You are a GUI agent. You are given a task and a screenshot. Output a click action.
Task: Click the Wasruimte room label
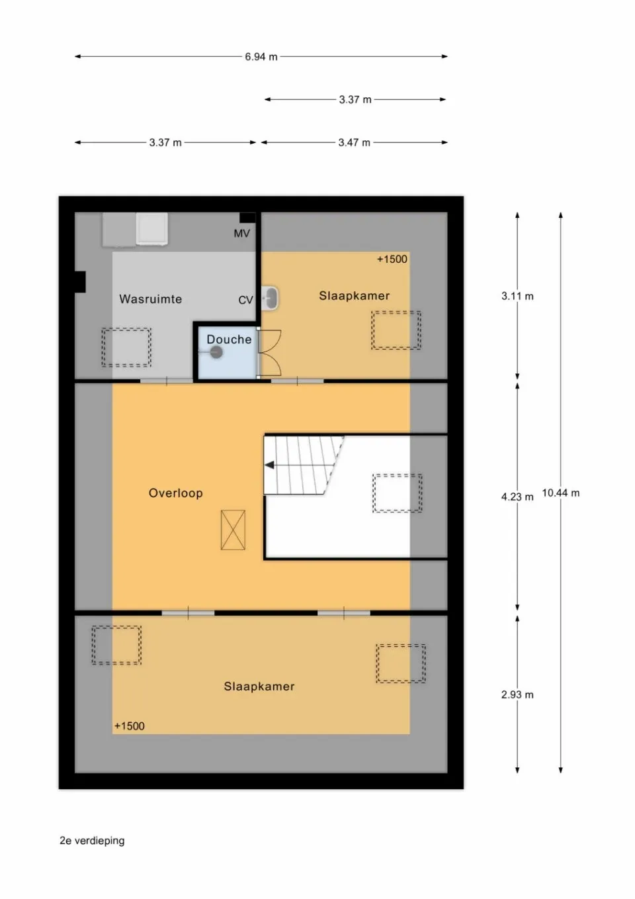click(150, 299)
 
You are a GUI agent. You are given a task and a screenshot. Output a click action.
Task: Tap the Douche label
click(229, 340)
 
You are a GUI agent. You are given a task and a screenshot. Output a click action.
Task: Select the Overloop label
click(175, 493)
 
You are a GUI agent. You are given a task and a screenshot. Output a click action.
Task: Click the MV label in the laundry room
click(241, 234)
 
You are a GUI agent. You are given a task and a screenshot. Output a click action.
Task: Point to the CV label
click(245, 300)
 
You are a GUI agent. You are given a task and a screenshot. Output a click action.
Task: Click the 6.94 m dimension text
click(261, 57)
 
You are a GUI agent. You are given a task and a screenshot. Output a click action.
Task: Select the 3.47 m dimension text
click(354, 142)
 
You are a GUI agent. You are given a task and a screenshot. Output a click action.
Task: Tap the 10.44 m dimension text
click(560, 493)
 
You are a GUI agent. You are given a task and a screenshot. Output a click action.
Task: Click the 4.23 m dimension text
click(517, 497)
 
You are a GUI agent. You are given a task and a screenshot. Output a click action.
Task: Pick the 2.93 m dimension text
click(517, 695)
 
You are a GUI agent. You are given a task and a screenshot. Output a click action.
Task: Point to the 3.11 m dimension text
click(517, 297)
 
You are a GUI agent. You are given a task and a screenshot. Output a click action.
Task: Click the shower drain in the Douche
click(216, 353)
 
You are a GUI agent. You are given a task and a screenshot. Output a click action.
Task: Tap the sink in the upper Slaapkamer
click(270, 299)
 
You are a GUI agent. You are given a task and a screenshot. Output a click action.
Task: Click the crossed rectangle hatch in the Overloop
click(233, 530)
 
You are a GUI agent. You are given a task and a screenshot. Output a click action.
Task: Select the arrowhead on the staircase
click(269, 465)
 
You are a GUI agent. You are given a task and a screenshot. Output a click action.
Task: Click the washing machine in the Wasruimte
click(151, 229)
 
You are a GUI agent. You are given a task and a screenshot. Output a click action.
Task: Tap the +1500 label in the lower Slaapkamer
click(129, 726)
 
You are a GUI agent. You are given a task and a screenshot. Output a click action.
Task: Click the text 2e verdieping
click(92, 841)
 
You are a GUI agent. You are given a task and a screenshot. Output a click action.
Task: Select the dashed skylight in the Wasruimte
click(126, 347)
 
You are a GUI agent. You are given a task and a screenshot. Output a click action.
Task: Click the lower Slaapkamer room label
click(259, 686)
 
